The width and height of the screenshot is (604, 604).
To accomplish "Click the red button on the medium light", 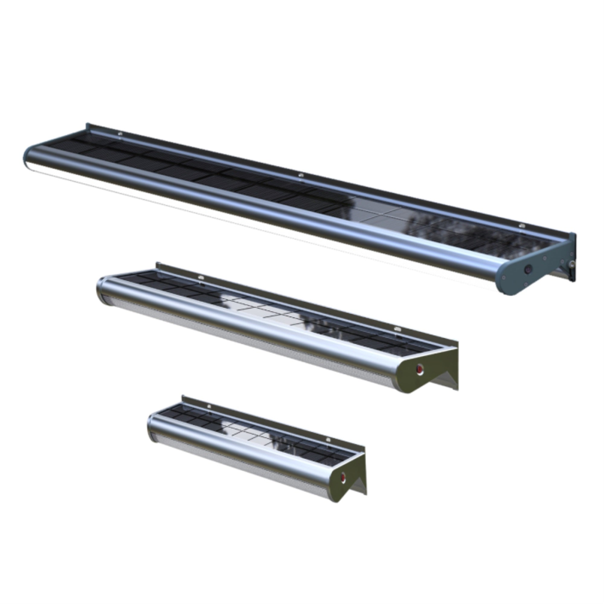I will (x=419, y=369).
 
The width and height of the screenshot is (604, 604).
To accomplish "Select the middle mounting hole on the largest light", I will (x=301, y=175).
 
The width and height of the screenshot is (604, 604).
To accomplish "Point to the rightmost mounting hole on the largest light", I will (x=521, y=225).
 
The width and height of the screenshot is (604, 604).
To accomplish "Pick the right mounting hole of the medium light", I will (x=397, y=329).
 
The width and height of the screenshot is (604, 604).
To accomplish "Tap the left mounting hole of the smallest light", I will (x=209, y=406).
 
